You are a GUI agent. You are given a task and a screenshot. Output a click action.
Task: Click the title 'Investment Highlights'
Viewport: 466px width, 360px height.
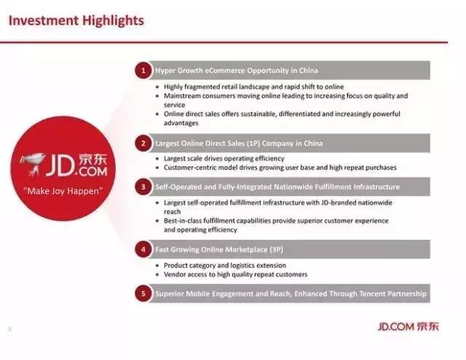[76, 21]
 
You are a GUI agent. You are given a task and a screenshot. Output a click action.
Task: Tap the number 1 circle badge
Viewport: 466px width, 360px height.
[143, 71]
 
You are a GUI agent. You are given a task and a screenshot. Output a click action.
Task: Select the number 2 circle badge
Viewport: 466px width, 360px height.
[143, 144]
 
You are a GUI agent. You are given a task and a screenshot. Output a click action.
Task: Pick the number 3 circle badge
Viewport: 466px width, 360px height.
[143, 187]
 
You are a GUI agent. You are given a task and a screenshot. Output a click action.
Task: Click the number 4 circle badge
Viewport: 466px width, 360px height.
[143, 249]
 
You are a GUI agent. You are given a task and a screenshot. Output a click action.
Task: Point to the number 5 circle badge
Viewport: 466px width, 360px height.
[143, 294]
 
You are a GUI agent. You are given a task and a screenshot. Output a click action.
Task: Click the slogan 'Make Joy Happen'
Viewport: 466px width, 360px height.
[63, 191]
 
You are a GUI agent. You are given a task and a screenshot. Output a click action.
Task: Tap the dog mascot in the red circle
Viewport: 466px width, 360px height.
[33, 164]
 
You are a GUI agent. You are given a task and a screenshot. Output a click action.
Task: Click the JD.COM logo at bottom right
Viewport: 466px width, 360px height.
[408, 326]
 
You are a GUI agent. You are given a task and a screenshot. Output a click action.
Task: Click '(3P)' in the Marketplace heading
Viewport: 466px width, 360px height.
[276, 249]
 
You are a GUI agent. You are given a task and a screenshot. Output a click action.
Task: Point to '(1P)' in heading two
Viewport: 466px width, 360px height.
[253, 144]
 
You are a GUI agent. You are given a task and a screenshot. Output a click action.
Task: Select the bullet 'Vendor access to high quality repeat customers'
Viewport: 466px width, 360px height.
[235, 274]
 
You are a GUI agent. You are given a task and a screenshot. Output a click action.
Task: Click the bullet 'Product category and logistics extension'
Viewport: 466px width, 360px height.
[225, 265]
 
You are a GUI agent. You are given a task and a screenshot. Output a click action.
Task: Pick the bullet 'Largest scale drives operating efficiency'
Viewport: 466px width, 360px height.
[224, 158]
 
